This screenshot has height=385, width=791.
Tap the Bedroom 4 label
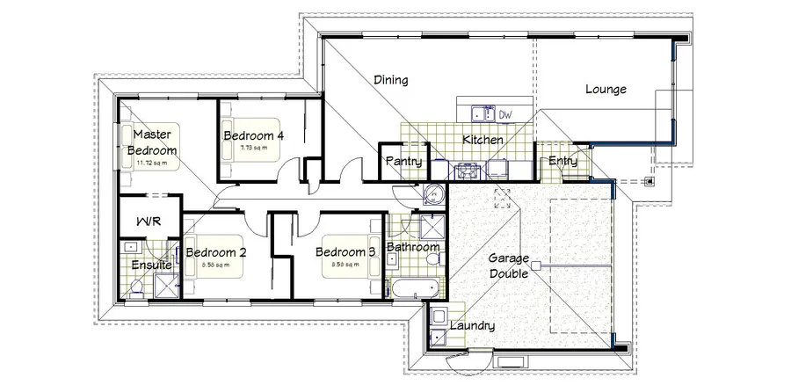click(x=253, y=136)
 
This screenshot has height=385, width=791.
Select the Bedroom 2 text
click(x=215, y=252)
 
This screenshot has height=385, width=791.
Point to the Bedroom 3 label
click(x=347, y=252)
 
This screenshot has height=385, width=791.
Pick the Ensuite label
click(x=150, y=265)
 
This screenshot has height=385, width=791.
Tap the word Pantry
click(x=404, y=162)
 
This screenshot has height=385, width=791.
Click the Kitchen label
click(x=483, y=140)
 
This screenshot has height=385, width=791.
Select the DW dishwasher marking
click(x=505, y=114)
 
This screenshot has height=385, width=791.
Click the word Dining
click(x=390, y=81)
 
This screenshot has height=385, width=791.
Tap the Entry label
click(x=562, y=161)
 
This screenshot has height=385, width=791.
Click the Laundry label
click(x=472, y=325)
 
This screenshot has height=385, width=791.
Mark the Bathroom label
click(x=412, y=248)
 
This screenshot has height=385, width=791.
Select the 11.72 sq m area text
click(x=154, y=163)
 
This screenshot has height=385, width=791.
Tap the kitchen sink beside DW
click(x=480, y=113)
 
